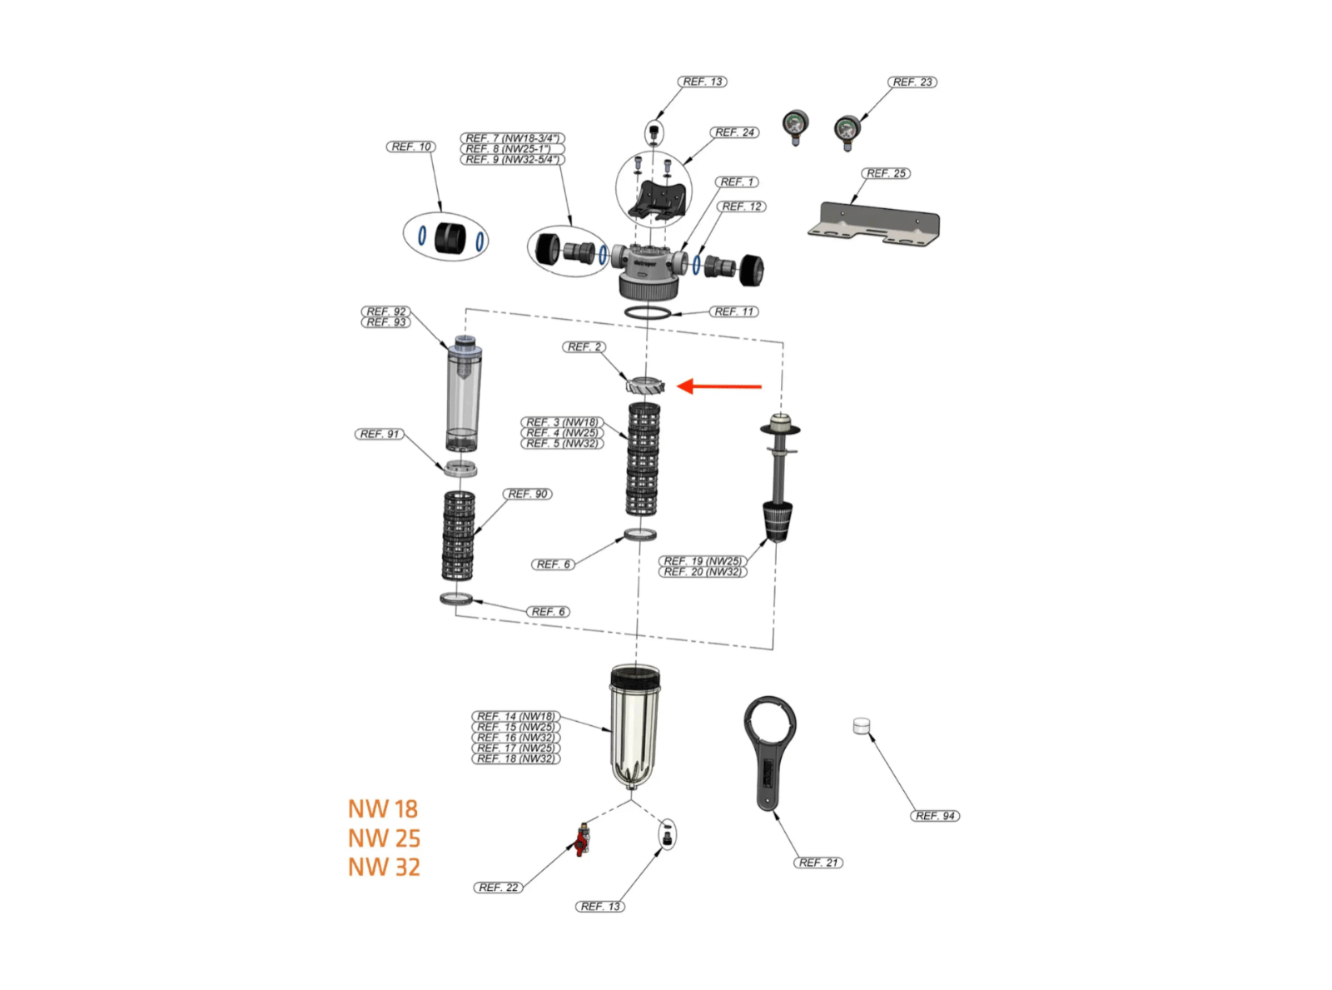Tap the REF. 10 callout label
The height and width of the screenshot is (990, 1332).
[x=411, y=147]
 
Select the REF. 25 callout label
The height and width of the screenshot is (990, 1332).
[x=886, y=173]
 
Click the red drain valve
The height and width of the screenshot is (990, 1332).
[x=583, y=840]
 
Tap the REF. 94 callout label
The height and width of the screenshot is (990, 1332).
[x=935, y=816]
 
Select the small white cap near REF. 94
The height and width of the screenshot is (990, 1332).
[x=862, y=726]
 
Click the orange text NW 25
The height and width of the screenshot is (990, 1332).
[x=384, y=838]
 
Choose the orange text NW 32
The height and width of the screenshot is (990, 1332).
[x=384, y=867]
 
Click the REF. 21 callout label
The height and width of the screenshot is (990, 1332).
[x=818, y=863]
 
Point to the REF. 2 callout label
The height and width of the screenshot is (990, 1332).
[x=584, y=347]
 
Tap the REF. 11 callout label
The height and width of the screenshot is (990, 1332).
[x=734, y=311]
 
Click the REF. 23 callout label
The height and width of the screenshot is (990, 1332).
[x=912, y=82]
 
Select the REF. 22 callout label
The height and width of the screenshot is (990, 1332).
[x=498, y=888]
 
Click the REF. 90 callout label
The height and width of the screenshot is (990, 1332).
[x=528, y=494]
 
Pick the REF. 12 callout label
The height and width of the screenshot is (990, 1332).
[x=741, y=206]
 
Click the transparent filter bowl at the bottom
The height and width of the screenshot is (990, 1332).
[x=634, y=724]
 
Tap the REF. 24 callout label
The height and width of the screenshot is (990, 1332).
[x=734, y=132]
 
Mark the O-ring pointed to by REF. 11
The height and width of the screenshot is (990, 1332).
[x=648, y=312]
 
